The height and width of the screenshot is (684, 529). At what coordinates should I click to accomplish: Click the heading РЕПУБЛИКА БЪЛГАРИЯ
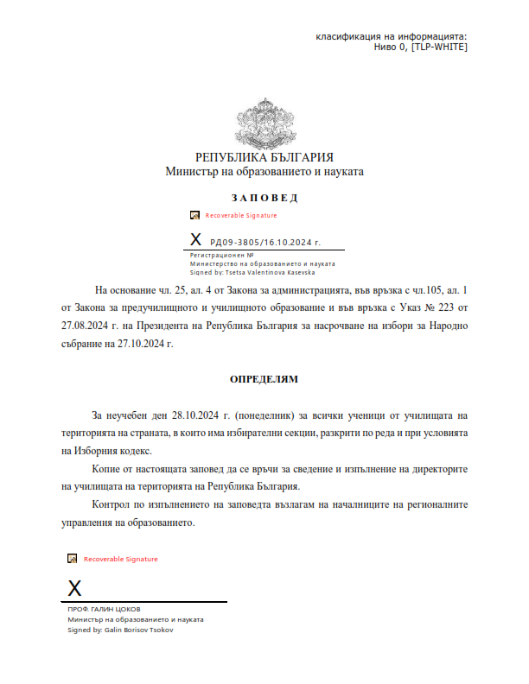point(264,157)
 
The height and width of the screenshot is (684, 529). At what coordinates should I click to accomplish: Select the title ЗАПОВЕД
point(264,198)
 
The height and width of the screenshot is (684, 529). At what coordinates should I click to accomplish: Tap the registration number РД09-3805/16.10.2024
point(264,244)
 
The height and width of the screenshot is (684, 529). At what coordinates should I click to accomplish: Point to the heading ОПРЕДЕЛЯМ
point(264,378)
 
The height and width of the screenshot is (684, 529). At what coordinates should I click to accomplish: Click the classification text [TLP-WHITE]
point(439,47)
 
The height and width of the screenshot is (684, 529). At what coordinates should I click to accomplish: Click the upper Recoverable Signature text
point(241,215)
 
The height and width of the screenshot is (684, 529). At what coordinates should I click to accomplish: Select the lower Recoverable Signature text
point(121,559)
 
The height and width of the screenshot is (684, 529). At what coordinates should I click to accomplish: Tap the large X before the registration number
point(195,240)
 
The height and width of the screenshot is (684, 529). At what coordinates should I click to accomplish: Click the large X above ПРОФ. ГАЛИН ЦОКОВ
point(75,589)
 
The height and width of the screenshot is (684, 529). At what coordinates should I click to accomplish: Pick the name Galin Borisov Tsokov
point(138,630)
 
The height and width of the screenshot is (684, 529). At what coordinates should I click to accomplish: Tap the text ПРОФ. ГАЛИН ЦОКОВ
point(104,610)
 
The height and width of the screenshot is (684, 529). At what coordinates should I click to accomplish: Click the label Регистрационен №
point(221,256)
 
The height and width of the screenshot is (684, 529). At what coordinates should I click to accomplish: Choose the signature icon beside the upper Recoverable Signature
point(195,215)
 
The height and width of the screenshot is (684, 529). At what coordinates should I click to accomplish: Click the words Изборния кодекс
point(114,451)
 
